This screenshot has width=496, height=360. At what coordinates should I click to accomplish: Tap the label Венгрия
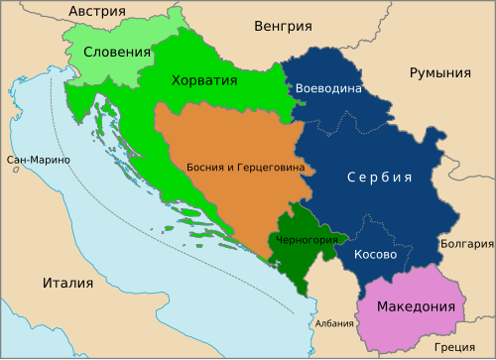coord(283,27)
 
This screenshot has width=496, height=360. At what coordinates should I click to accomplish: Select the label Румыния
coord(439,73)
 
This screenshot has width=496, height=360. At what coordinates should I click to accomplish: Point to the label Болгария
coord(467,243)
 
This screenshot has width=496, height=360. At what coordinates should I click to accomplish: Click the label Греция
coord(454,347)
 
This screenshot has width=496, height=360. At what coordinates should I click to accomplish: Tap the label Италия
coord(67,283)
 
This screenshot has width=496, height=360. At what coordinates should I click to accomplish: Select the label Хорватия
coord(203,80)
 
